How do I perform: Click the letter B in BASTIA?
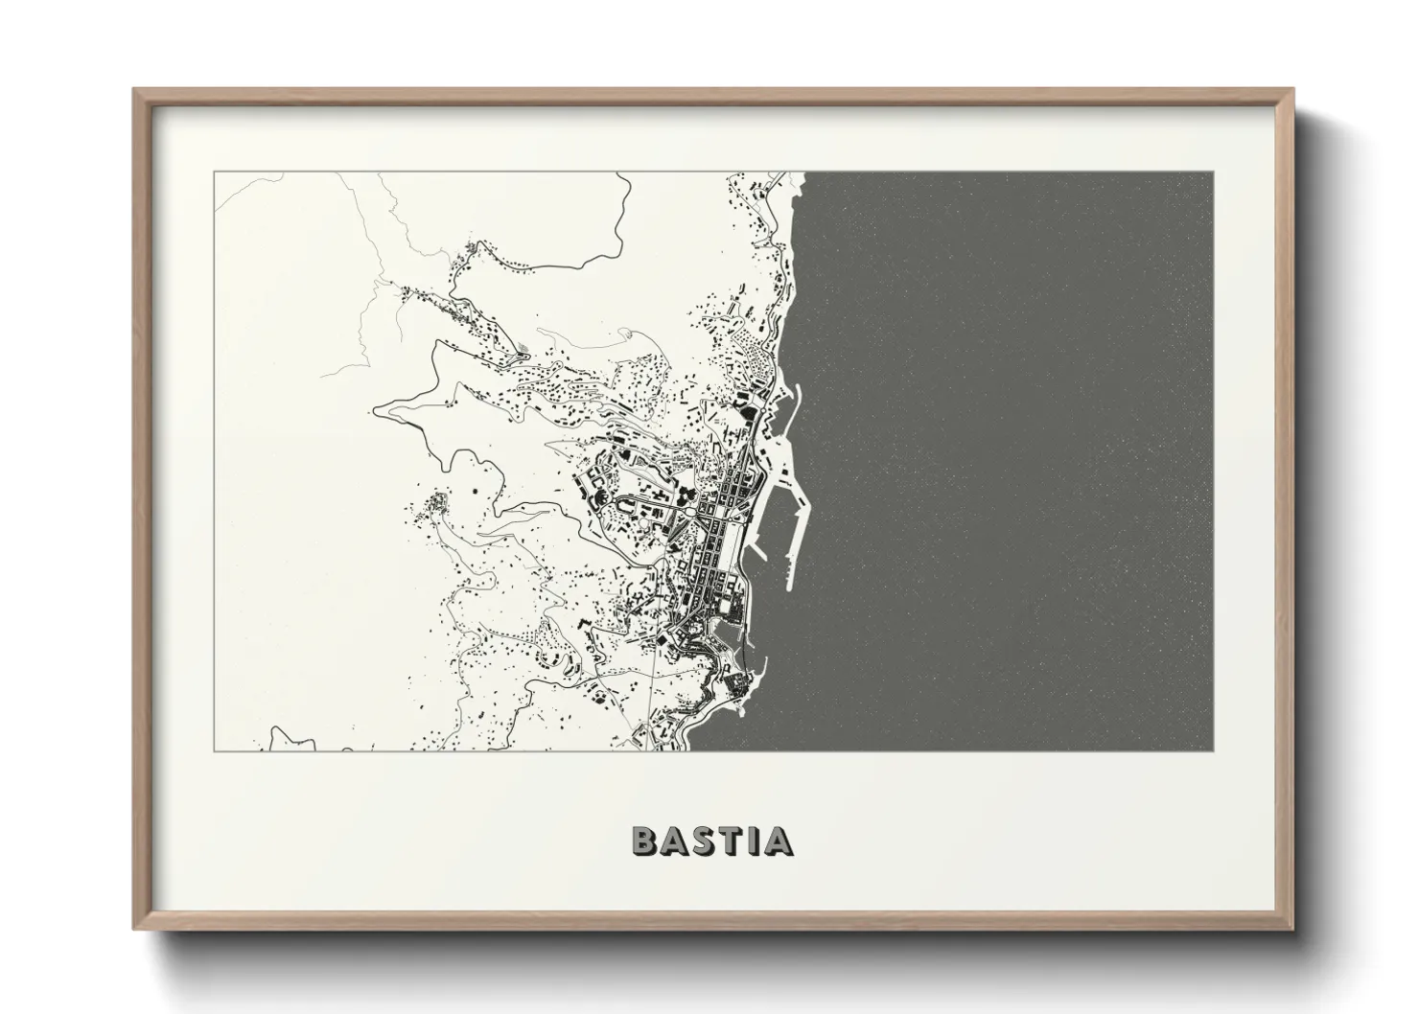tap(644, 841)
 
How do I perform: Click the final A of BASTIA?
tap(781, 841)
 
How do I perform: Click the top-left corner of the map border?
tap(215, 173)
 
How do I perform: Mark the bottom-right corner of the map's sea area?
tap(1212, 749)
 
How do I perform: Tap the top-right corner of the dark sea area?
tap(1212, 173)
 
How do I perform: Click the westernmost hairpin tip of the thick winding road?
tap(376, 409)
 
